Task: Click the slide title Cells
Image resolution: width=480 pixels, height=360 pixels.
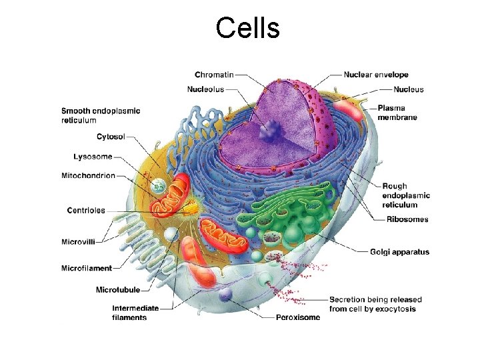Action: (x=247, y=28)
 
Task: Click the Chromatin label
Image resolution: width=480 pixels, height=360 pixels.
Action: (x=214, y=75)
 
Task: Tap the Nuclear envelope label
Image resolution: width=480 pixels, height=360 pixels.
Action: (x=376, y=75)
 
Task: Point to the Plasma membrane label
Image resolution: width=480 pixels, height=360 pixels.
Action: (x=397, y=112)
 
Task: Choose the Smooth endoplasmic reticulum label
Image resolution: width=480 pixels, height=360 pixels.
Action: (x=101, y=115)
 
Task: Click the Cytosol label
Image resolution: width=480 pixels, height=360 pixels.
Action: (x=111, y=137)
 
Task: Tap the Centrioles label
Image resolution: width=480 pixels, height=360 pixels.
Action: (x=86, y=211)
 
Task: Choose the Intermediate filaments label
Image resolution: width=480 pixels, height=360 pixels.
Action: (x=135, y=313)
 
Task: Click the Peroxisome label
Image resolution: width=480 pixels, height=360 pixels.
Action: (x=298, y=317)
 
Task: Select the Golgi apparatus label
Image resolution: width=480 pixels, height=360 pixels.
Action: (x=400, y=252)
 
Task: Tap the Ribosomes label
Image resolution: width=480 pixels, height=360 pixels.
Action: (x=406, y=219)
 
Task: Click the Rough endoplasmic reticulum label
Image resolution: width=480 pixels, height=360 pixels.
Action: (x=406, y=195)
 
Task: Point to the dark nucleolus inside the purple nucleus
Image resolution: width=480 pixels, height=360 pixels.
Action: (x=271, y=134)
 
